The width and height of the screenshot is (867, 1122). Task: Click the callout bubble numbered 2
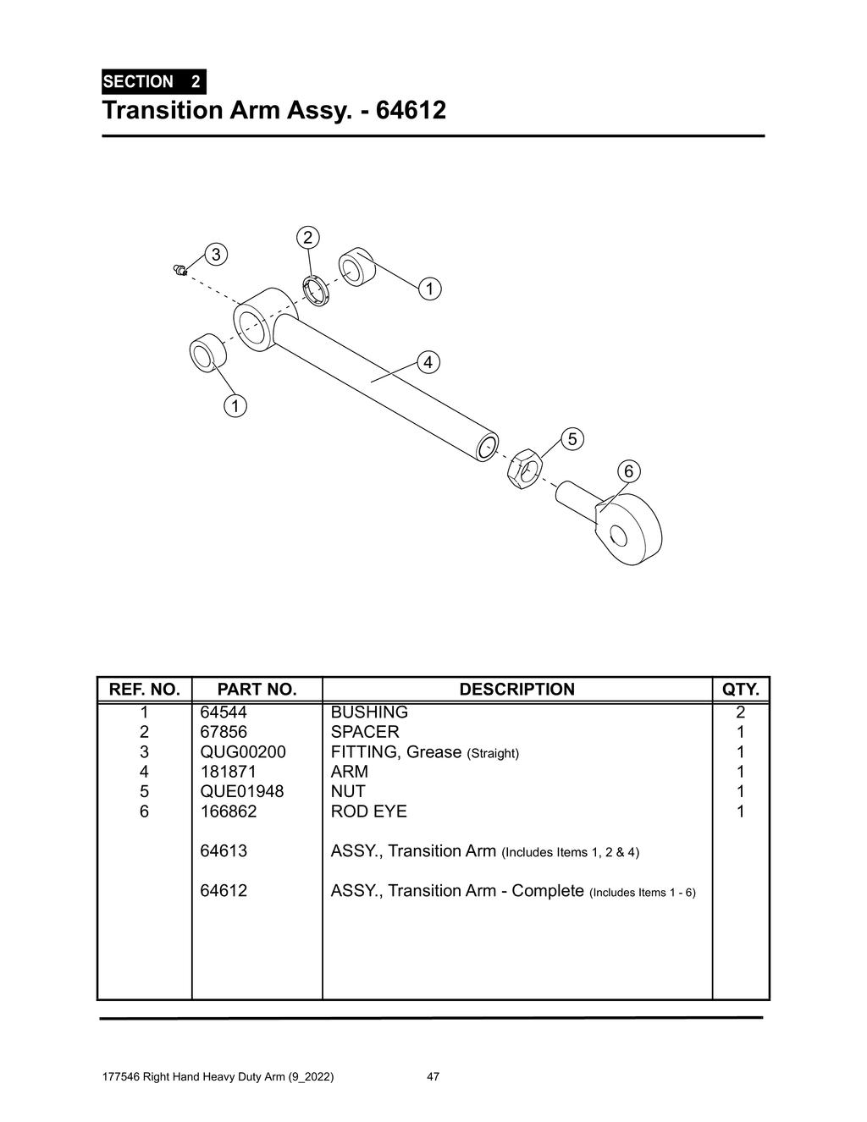(307, 237)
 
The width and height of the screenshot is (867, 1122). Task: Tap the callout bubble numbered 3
(216, 254)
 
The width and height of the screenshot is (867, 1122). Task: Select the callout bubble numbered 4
(428, 362)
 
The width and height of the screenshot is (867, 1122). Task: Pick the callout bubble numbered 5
(572, 439)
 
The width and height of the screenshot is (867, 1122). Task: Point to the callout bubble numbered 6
(628, 471)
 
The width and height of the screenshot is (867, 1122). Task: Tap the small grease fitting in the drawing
(179, 270)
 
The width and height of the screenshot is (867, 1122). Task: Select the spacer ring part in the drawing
(316, 290)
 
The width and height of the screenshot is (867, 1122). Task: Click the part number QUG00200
(242, 752)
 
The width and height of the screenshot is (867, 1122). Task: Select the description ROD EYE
(368, 811)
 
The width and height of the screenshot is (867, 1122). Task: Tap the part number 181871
(228, 772)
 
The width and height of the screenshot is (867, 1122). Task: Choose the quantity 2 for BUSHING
(740, 712)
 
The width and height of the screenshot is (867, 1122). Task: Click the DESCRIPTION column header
(516, 690)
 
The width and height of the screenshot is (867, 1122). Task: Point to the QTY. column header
(740, 690)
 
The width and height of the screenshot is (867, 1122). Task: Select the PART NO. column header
(257, 690)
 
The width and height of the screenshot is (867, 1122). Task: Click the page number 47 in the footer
(433, 1077)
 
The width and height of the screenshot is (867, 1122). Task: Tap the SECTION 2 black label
(152, 82)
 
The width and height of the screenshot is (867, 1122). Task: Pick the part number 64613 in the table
(224, 851)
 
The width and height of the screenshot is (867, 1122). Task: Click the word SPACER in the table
(364, 732)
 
